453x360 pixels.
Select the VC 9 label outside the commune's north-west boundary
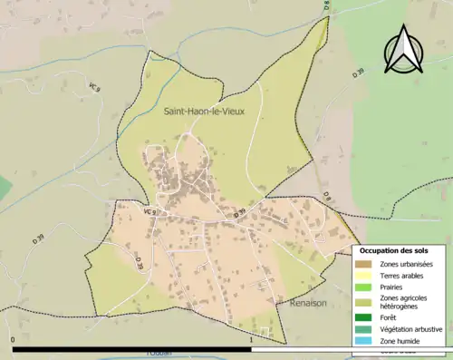93,87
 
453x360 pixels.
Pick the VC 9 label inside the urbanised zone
148,212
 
